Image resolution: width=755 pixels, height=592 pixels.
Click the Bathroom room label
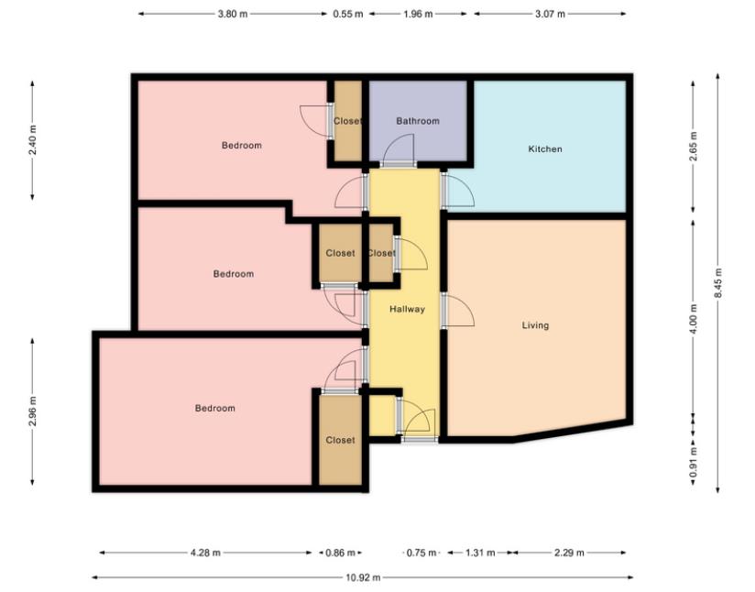417,121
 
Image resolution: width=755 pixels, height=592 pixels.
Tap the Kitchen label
545,148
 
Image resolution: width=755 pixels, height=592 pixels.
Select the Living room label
535,325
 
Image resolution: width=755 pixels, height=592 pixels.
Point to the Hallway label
407,309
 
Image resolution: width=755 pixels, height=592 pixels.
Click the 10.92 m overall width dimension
363,577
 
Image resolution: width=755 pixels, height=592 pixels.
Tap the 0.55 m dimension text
347,15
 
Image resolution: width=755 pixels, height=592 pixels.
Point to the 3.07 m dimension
550,15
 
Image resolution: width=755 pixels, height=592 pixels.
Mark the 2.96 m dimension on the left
34,412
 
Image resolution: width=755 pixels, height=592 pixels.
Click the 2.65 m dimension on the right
694,147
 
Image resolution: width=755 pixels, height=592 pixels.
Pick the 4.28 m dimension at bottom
205,553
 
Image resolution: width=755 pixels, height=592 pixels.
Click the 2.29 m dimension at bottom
569,553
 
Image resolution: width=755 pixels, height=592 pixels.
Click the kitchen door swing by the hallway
456,191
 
